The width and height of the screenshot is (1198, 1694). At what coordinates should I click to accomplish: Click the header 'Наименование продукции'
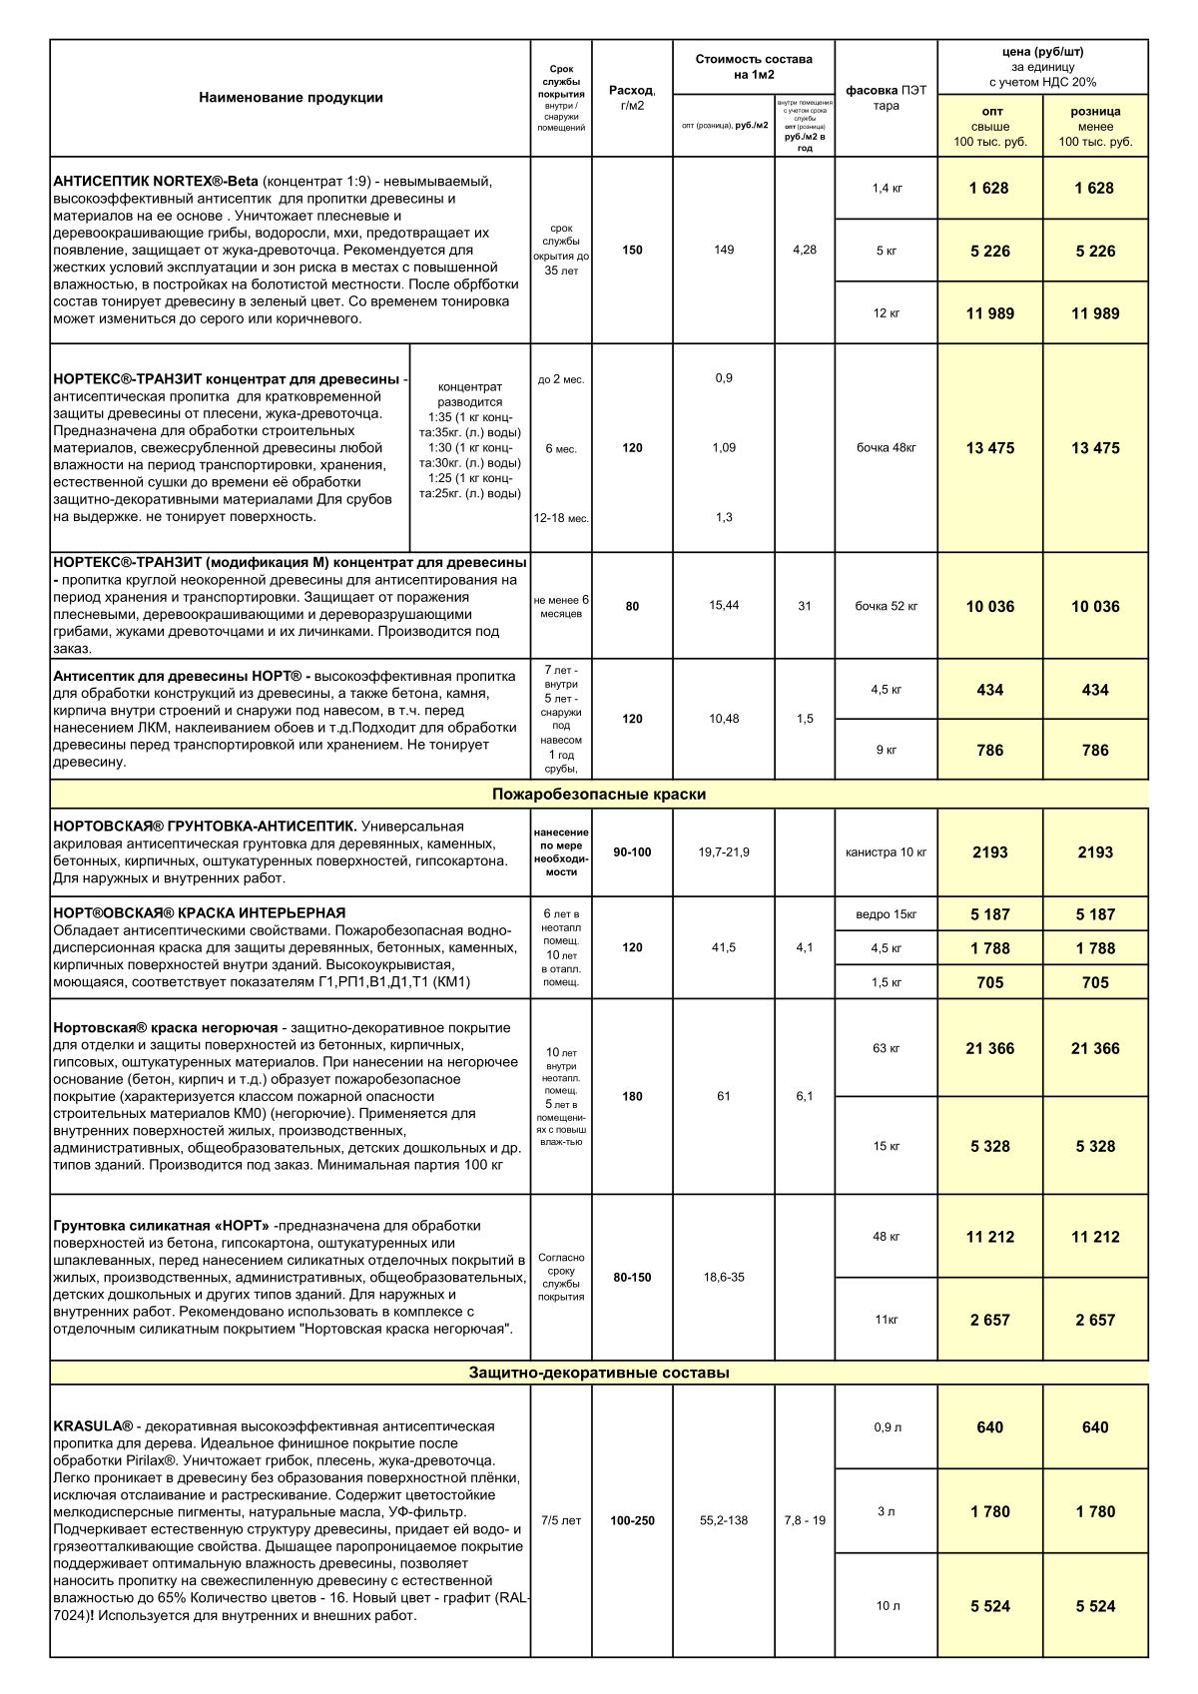(x=291, y=98)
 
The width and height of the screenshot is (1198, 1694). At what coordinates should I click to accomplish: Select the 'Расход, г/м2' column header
(x=632, y=98)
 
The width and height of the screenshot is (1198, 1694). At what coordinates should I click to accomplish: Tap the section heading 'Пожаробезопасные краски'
(x=599, y=795)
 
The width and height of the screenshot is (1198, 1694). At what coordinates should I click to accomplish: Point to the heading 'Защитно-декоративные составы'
(x=599, y=1373)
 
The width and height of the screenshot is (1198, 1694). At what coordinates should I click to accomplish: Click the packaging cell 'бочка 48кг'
(x=887, y=448)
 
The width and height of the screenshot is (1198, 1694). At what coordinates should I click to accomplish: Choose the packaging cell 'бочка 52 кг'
(x=887, y=606)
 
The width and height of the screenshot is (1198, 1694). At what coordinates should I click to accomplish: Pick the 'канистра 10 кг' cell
(x=887, y=852)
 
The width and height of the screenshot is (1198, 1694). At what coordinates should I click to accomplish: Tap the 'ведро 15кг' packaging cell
(x=887, y=914)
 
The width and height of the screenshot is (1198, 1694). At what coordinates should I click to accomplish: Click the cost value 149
(x=724, y=250)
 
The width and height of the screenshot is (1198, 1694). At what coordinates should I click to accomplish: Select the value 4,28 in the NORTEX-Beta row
(x=805, y=250)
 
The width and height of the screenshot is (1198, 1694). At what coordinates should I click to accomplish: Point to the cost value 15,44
(x=724, y=605)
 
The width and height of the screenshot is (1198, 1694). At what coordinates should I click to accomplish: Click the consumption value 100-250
(x=633, y=1521)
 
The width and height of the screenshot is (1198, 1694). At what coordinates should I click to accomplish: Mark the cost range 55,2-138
(x=724, y=1521)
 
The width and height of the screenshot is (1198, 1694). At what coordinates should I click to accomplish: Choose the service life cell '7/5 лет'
(x=561, y=1521)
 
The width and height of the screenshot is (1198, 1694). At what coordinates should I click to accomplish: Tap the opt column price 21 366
(x=990, y=1048)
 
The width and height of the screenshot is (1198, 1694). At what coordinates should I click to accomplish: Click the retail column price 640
(x=1095, y=1427)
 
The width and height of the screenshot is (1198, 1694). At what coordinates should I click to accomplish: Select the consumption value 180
(x=633, y=1096)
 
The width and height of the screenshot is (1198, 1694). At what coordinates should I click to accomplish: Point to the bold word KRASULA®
(x=93, y=1425)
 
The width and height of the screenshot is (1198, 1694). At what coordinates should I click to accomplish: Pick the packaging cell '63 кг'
(x=887, y=1048)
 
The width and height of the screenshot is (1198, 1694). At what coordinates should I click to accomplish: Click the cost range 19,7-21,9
(x=724, y=852)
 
